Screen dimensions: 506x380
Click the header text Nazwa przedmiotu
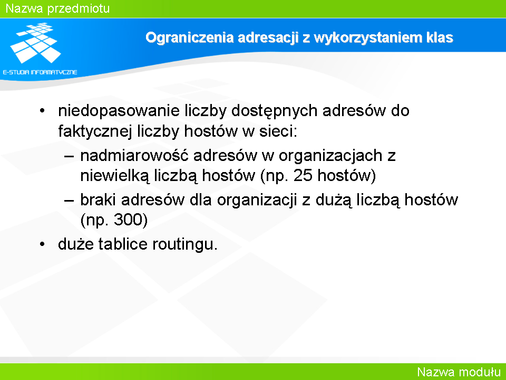58,8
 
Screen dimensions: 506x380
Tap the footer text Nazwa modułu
459,372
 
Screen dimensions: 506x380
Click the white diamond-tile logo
35,43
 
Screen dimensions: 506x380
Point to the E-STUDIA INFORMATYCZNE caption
40,72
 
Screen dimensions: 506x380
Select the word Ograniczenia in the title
190,38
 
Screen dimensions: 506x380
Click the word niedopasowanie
119,111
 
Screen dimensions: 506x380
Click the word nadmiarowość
134,156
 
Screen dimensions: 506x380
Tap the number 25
303,175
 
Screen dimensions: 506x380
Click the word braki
98,199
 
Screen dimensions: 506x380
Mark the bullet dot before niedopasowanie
42,111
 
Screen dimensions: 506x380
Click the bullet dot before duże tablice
42,244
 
